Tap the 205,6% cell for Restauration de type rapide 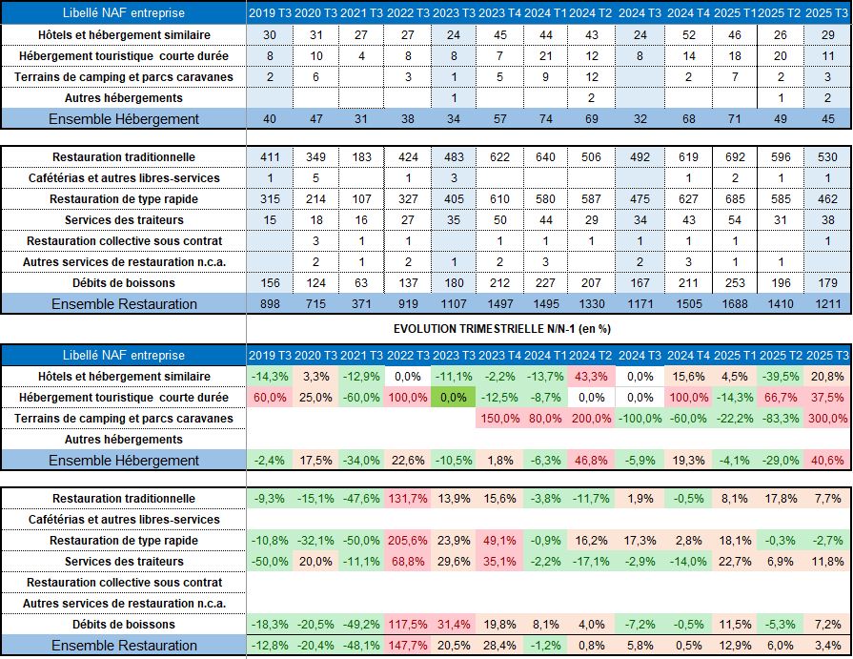tap(407, 541)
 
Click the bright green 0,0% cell tap(453, 398)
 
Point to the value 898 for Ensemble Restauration tap(270, 304)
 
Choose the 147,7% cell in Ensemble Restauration tap(407, 646)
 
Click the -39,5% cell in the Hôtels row tap(781, 377)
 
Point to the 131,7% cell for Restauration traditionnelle tap(407, 499)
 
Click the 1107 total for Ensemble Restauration tap(453, 304)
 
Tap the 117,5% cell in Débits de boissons tap(407, 625)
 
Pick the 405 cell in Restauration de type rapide tap(453, 199)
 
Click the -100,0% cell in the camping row tap(640, 419)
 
